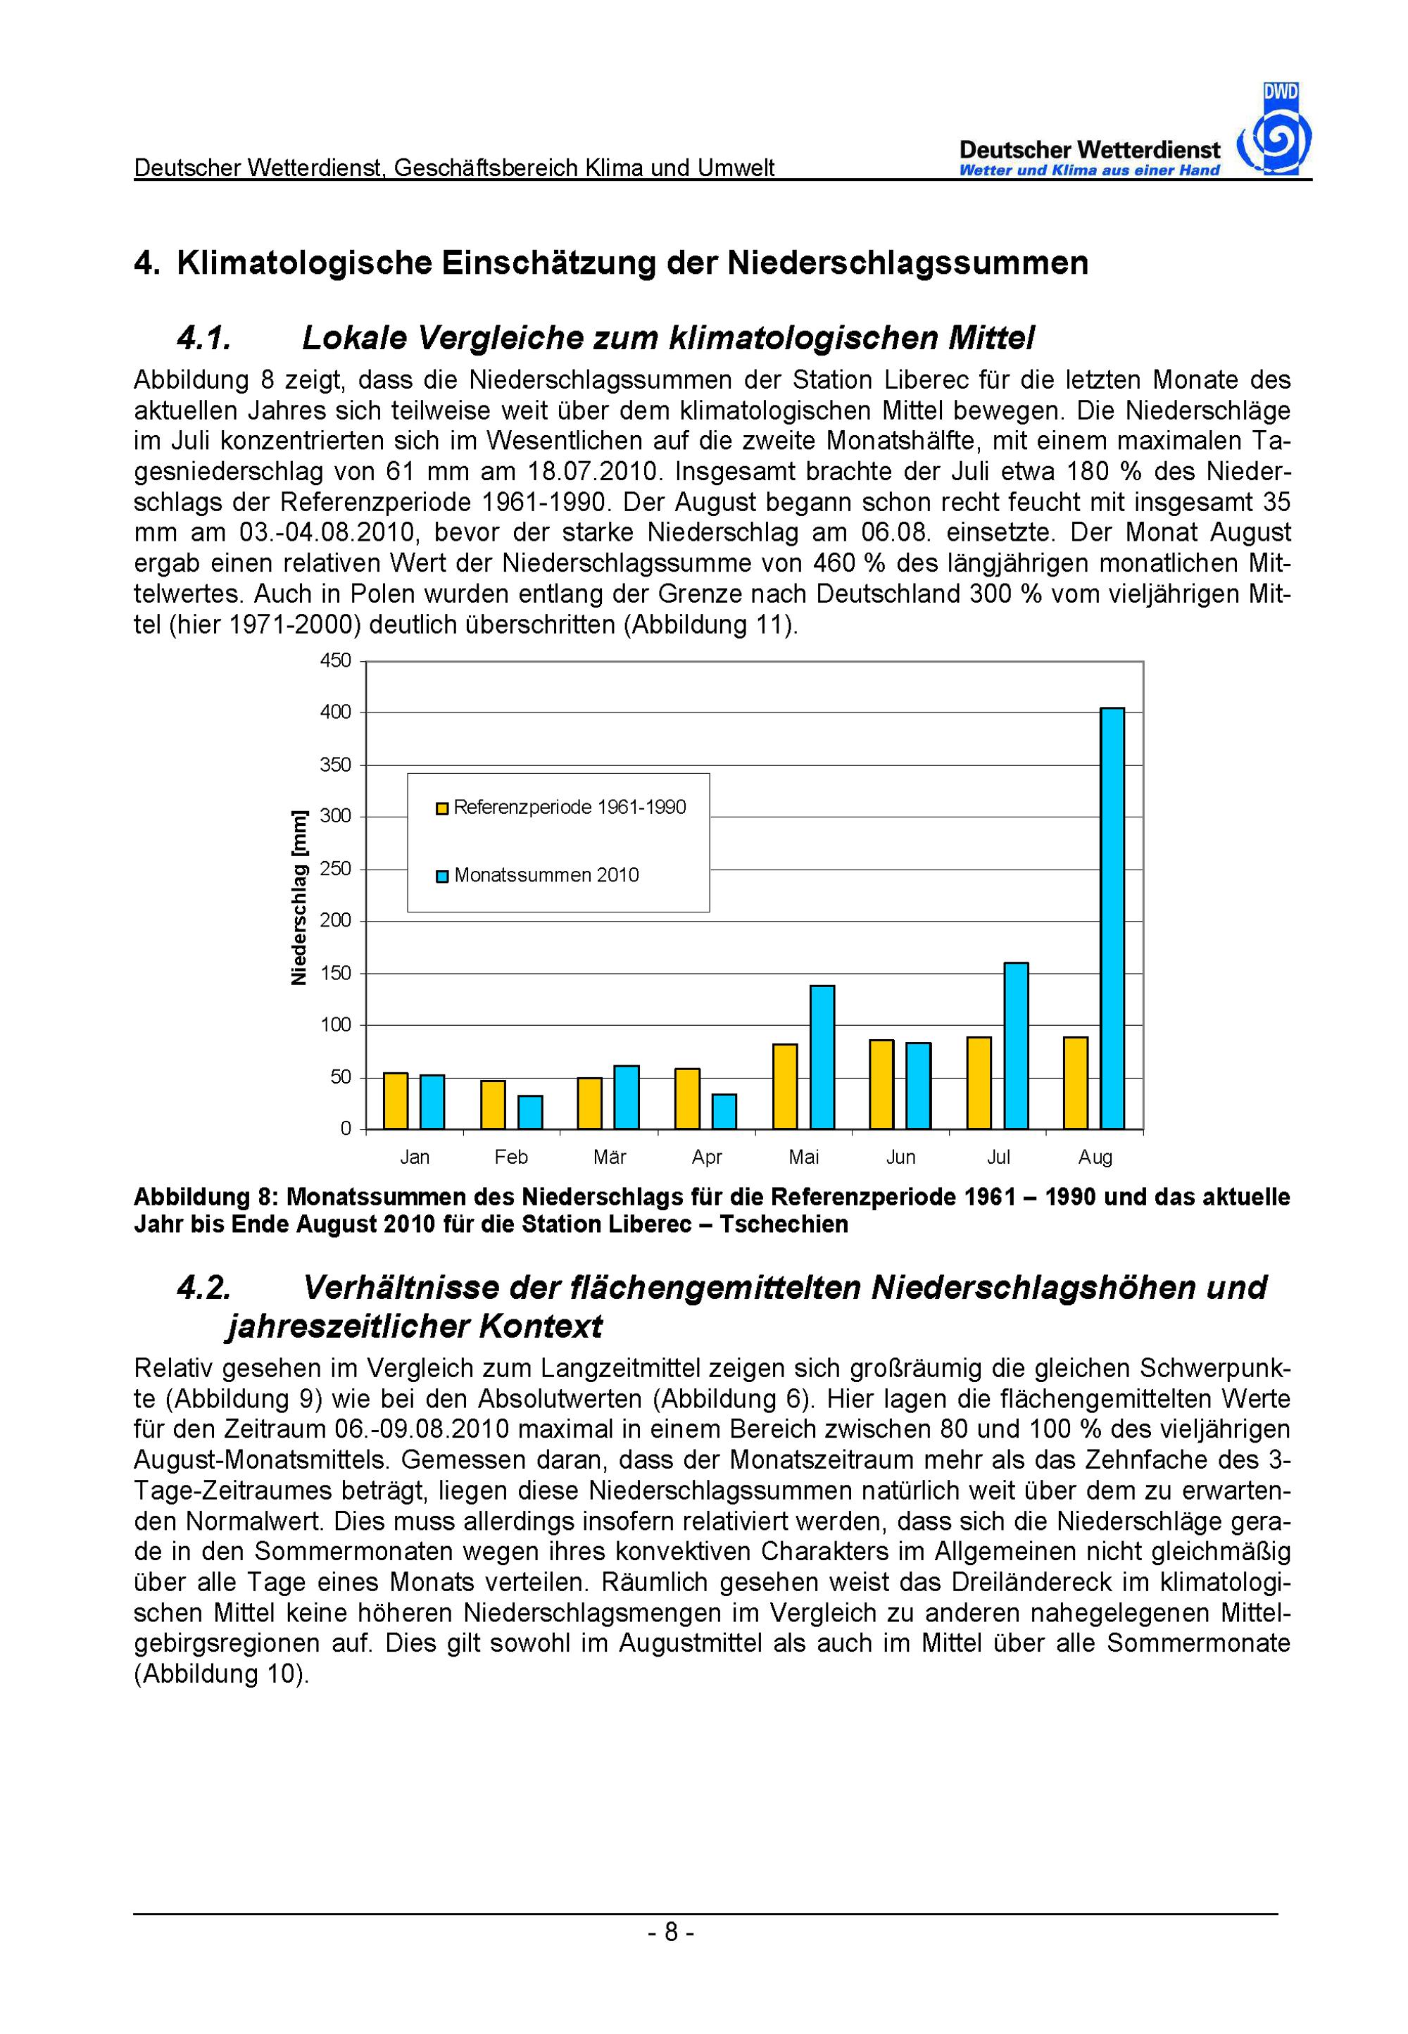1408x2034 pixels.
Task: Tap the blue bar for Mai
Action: click(x=822, y=1057)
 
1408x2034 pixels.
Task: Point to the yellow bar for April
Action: click(x=687, y=1098)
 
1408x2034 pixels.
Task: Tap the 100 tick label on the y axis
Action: click(x=335, y=1025)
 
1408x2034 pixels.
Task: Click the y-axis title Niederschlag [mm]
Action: click(x=299, y=897)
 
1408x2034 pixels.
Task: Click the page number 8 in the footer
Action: click(x=670, y=1933)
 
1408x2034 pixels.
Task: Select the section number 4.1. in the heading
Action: click(x=203, y=338)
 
